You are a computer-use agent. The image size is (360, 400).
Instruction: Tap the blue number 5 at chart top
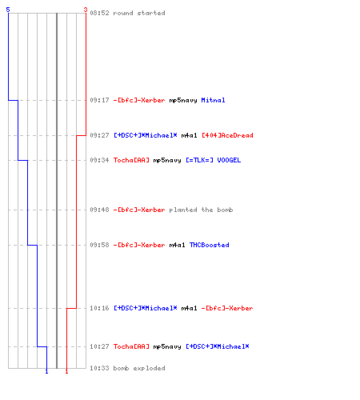tap(8, 10)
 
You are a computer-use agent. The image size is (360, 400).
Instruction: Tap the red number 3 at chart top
tap(86, 10)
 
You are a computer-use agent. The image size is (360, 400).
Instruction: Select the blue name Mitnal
tap(213, 100)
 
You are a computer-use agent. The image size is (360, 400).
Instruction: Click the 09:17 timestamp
tap(99, 100)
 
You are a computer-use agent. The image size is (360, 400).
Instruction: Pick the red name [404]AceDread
tap(227, 135)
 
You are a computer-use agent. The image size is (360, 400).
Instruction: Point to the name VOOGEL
tap(229, 160)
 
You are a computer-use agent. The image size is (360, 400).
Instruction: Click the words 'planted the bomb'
tap(201, 210)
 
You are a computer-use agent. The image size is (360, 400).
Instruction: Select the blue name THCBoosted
tap(210, 245)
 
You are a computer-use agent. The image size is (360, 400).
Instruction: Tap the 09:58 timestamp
tap(99, 245)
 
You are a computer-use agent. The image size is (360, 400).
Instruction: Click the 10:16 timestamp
tap(99, 308)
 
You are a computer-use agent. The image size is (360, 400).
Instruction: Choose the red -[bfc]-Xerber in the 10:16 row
tap(227, 308)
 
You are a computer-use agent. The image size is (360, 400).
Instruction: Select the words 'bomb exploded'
tap(139, 368)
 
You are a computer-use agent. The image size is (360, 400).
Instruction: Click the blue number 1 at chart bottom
tap(46, 371)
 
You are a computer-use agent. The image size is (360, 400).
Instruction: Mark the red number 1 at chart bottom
tap(66, 371)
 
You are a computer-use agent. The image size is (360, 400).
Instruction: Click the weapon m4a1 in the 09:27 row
tap(189, 135)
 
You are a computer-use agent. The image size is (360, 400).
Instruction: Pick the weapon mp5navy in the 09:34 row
tap(167, 160)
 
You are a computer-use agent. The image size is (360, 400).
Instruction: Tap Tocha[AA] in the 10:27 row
tap(131, 346)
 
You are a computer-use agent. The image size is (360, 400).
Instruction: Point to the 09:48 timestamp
tap(99, 210)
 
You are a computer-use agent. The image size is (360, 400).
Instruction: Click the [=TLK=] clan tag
tap(199, 160)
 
